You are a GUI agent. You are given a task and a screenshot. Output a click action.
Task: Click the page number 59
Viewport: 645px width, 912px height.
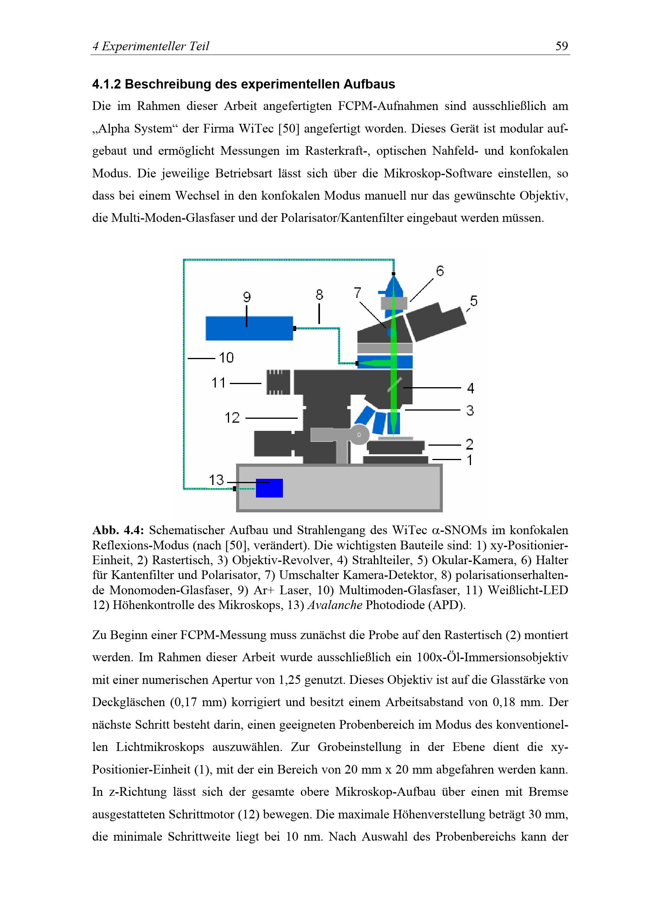(561, 46)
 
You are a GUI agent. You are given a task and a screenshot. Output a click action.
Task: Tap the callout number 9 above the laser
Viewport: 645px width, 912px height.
(247, 297)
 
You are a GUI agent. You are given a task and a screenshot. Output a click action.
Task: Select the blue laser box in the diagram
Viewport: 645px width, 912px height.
(249, 328)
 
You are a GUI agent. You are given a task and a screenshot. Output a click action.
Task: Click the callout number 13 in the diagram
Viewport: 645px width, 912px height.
(217, 480)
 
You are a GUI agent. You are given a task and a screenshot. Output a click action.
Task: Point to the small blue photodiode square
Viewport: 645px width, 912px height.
(269, 488)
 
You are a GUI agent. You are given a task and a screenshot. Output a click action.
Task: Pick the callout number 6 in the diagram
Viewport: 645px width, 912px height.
(439, 271)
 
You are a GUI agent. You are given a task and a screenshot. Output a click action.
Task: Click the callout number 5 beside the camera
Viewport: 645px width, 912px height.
(473, 301)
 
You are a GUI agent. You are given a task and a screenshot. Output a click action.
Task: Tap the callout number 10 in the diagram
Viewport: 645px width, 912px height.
(226, 358)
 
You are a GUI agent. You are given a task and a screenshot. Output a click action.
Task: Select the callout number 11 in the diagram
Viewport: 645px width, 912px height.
(218, 383)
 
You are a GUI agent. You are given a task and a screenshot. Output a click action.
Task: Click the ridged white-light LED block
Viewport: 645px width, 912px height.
(278, 382)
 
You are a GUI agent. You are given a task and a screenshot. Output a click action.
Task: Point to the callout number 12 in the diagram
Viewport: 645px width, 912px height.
(232, 418)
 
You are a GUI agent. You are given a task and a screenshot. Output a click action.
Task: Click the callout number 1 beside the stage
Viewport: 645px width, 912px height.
(470, 460)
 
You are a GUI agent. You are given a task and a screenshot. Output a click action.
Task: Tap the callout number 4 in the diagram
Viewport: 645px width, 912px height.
(471, 388)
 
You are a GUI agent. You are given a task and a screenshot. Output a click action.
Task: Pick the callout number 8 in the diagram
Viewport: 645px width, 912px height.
(320, 295)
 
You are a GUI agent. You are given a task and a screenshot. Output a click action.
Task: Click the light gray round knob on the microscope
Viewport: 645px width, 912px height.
(359, 434)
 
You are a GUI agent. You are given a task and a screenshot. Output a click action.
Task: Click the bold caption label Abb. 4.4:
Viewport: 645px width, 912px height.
(118, 530)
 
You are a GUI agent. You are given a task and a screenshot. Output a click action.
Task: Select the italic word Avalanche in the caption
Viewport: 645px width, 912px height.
(335, 605)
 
